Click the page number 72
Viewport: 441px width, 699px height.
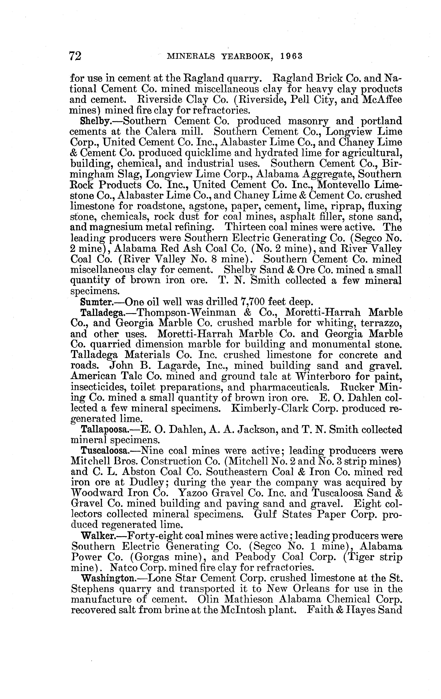pos(75,55)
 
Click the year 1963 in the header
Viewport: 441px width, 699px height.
pos(292,56)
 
